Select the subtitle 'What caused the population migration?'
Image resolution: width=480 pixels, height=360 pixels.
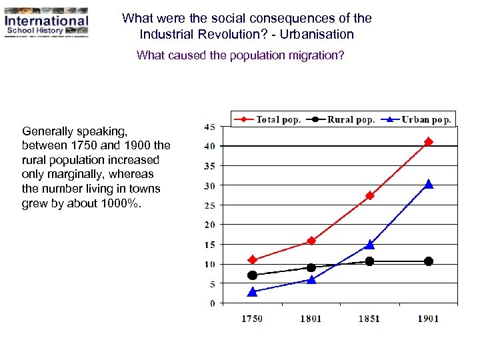(240, 55)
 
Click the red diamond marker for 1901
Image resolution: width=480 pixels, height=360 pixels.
(429, 142)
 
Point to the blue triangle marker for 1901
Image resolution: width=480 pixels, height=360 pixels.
(429, 184)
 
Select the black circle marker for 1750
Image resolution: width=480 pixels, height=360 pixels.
(252, 275)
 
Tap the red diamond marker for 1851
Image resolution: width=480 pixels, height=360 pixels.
(369, 195)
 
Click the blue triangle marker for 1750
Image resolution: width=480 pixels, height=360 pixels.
(252, 292)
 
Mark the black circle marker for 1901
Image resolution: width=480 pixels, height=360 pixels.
(429, 261)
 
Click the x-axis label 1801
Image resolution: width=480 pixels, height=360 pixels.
(311, 319)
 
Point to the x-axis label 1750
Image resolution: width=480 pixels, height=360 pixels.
(252, 319)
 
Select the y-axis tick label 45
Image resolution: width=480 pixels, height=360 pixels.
(209, 127)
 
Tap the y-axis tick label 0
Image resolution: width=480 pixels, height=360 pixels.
(212, 304)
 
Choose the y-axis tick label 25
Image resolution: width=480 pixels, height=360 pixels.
(209, 205)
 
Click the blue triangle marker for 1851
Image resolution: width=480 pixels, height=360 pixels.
(369, 245)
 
